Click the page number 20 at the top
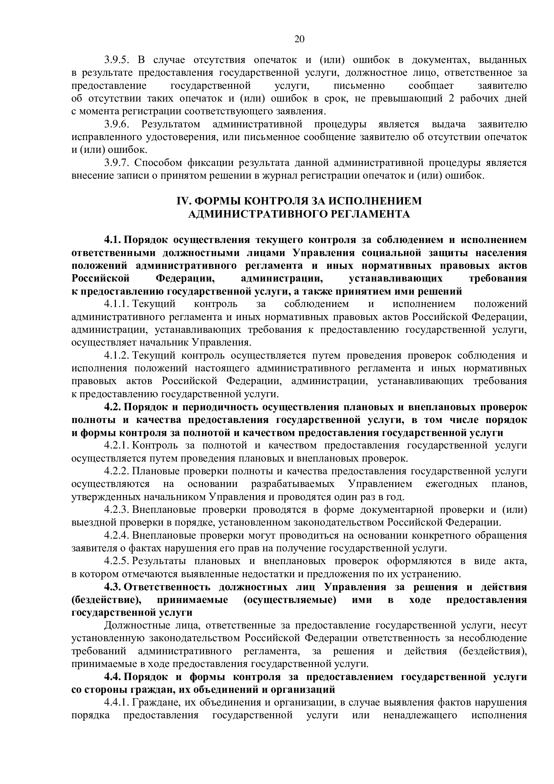pos(299,39)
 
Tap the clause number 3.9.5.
pos(116,60)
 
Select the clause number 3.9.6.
pos(116,124)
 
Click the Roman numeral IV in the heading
pos(182,201)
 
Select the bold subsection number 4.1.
pos(113,240)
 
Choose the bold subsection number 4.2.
pos(113,407)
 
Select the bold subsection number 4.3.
pos(113,587)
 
